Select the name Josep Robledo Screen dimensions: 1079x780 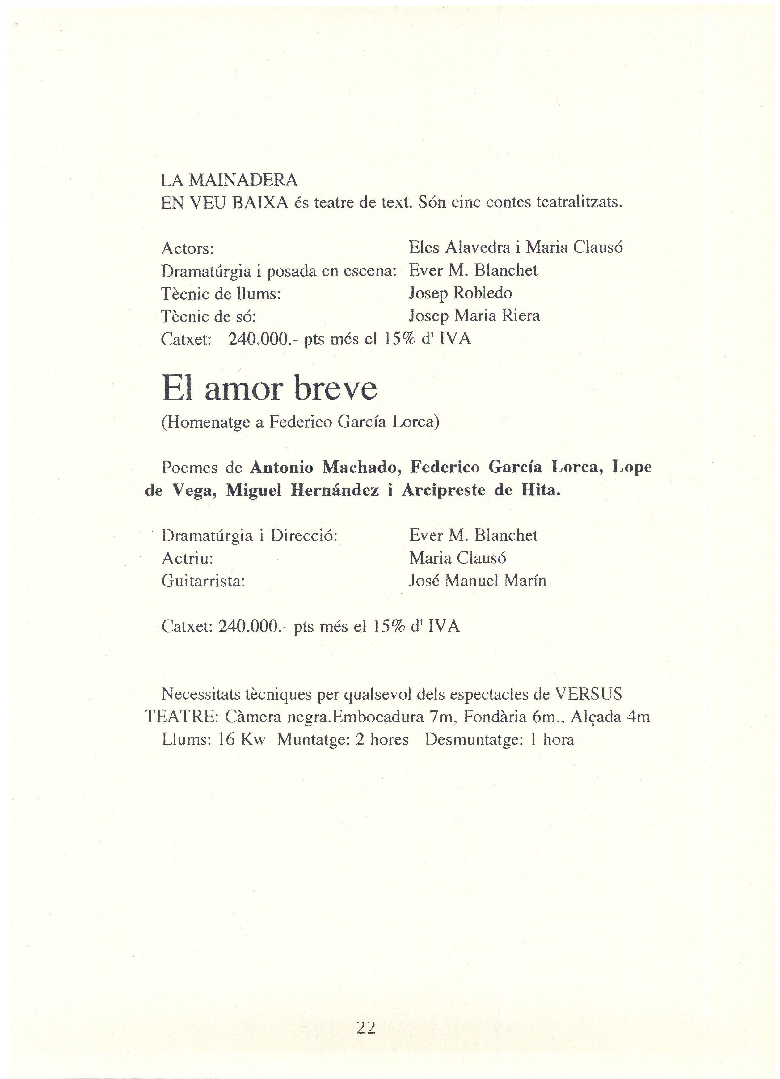tap(460, 293)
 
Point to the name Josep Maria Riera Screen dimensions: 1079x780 tap(474, 316)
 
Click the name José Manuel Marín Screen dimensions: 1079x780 tap(478, 581)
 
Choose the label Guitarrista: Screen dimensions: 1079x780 tap(203, 581)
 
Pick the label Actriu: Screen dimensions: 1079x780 tap(188, 558)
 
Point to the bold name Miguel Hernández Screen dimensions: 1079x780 tap(302, 490)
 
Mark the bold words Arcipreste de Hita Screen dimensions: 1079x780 tap(481, 490)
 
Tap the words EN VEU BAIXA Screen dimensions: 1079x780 tap(225, 203)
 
